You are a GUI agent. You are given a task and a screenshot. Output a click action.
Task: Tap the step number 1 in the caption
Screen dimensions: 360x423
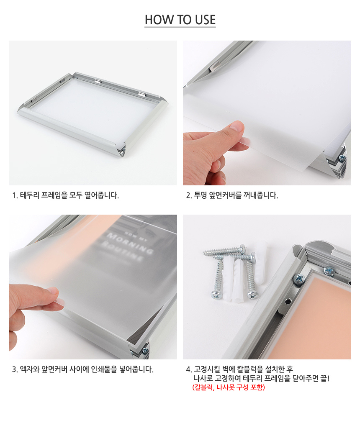point(14,195)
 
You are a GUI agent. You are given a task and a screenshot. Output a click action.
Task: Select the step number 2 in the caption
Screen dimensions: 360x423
point(188,195)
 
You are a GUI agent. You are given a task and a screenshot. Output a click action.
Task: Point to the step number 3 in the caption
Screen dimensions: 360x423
point(14,369)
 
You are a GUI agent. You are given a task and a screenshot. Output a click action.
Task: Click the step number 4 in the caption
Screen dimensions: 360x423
point(188,369)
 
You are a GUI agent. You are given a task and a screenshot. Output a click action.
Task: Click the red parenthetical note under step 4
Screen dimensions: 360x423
point(229,387)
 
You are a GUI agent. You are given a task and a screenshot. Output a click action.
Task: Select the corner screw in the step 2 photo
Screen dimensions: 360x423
point(342,157)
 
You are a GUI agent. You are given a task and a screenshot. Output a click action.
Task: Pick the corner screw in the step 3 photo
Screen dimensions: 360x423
point(145,350)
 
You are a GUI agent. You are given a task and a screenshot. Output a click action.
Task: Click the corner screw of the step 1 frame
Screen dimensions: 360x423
point(123,149)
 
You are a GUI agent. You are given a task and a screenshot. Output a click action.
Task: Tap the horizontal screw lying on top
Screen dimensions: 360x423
point(225,250)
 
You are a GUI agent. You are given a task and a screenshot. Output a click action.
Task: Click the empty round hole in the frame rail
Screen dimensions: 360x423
point(288,300)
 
